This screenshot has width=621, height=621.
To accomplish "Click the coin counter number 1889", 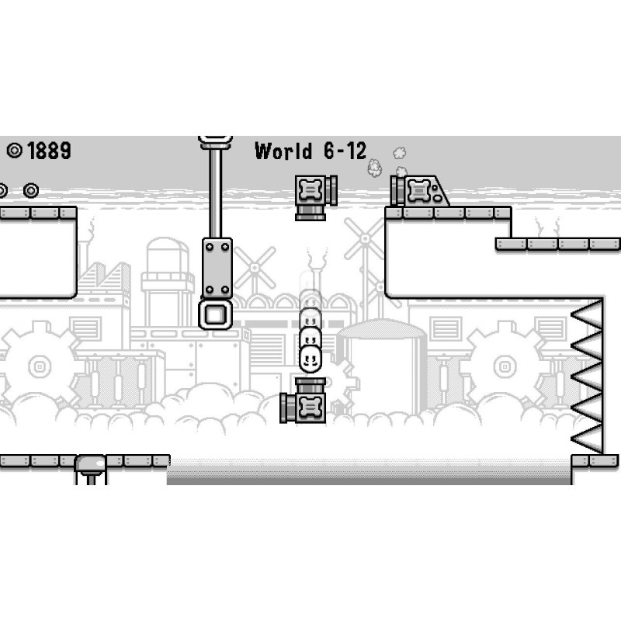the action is [50, 151].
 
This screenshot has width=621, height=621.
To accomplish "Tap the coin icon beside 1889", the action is [15, 151].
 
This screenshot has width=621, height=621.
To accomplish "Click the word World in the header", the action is [283, 151].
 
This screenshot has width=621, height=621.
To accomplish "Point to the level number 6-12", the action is [345, 151].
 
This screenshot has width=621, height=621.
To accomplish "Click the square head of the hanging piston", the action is [216, 315].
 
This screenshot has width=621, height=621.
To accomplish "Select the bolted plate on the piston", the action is [217, 268].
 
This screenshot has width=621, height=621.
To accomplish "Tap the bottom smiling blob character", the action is [310, 359].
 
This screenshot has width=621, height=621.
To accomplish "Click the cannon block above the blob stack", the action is [316, 198].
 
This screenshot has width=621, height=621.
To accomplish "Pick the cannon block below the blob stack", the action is [303, 401].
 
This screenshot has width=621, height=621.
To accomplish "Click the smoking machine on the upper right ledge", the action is [420, 191].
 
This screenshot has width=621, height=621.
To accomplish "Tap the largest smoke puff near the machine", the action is [374, 168].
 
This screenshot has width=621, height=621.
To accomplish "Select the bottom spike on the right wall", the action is [587, 439].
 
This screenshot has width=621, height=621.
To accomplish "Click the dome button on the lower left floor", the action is [91, 463].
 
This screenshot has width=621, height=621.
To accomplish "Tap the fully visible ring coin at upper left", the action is [31, 190].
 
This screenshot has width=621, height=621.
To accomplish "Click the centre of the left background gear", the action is [40, 366].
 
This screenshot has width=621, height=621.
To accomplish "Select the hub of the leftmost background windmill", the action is [255, 268].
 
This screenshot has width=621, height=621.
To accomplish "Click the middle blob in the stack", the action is [310, 337].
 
